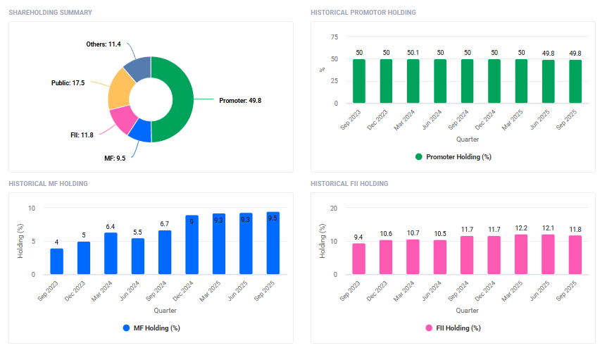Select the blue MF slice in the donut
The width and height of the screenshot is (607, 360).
point(140,131)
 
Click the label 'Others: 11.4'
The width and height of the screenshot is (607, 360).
point(104,44)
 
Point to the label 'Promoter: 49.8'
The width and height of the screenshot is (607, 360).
point(240,100)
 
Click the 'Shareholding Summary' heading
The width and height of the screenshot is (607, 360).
point(50,13)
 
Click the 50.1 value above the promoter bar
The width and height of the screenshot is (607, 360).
point(413,53)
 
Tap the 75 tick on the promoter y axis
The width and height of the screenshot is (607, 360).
point(334,37)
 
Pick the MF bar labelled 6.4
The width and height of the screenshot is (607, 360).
point(111,253)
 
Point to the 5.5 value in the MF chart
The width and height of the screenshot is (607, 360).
point(137,232)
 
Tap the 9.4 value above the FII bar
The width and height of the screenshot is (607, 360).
point(358,237)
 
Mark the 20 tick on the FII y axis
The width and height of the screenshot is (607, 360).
point(334,208)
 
